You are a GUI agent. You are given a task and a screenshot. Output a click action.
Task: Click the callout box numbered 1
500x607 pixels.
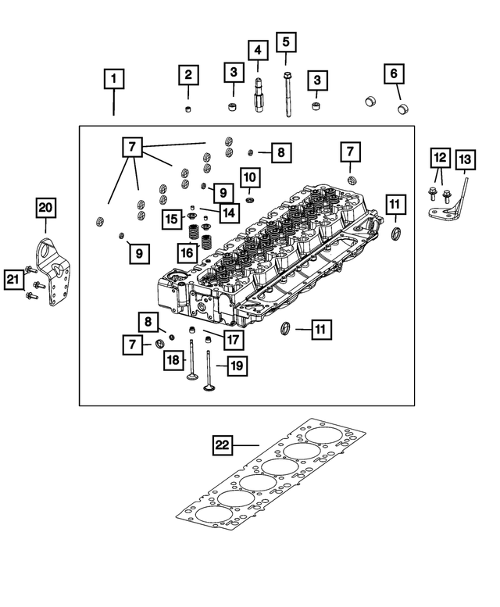click(114, 79)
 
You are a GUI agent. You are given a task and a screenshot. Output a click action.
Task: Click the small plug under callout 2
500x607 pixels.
click(188, 108)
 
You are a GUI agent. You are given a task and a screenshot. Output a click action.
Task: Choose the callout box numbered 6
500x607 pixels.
click(394, 74)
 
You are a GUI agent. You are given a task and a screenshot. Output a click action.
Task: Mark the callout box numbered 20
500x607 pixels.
click(46, 207)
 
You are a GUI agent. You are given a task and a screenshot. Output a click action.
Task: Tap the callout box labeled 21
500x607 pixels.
click(12, 279)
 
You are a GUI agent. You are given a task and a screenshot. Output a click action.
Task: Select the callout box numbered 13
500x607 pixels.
click(464, 161)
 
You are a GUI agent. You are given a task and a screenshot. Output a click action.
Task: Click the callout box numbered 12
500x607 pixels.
click(440, 159)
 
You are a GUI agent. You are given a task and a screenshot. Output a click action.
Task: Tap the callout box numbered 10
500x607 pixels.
click(248, 179)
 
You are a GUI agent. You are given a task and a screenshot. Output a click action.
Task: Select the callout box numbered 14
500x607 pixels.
click(228, 212)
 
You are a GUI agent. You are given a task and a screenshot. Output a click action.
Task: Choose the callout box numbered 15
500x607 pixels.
click(172, 220)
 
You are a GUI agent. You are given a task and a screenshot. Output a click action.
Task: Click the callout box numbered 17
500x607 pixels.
click(231, 340)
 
